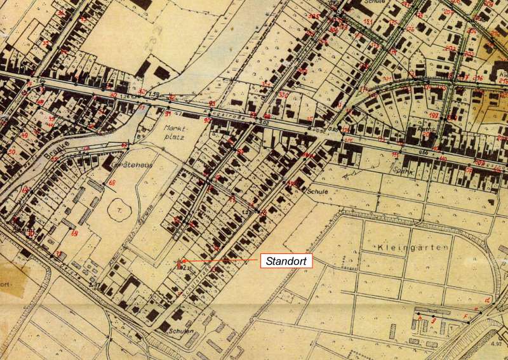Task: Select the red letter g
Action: (433, 322)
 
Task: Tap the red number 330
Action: (283, 95)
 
